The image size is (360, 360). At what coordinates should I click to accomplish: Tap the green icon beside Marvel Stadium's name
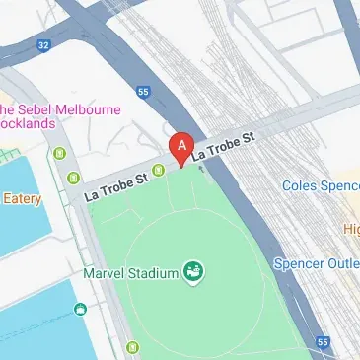[x=194, y=271]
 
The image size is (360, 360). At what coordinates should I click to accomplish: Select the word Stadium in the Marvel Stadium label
[x=155, y=272]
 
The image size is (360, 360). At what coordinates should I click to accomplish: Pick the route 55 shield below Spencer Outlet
[x=323, y=341]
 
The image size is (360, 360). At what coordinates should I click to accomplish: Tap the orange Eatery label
[x=21, y=199]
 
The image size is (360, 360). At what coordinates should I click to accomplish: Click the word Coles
[x=302, y=185]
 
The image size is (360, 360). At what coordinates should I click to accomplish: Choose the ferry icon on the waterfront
[x=80, y=313]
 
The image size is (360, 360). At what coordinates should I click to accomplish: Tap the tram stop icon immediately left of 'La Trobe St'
[x=75, y=178]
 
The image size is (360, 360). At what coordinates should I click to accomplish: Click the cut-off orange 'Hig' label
[x=351, y=229]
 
